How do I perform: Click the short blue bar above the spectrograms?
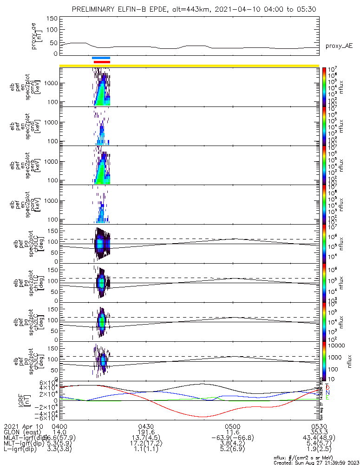point(101,58)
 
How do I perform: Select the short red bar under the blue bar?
point(102,62)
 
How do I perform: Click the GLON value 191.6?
point(146,432)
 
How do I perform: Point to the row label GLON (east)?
point(25,432)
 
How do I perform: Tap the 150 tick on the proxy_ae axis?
point(52,19)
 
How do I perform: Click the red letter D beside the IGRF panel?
point(327,387)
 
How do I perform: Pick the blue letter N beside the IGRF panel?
point(327,393)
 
